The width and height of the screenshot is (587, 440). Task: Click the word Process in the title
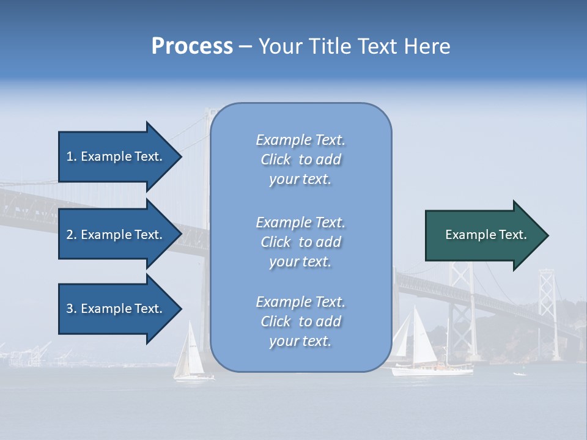click(x=192, y=46)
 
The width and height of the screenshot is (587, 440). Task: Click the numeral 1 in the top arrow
click(x=70, y=156)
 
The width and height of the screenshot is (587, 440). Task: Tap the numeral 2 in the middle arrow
click(x=70, y=235)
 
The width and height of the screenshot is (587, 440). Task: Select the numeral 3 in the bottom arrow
click(x=70, y=309)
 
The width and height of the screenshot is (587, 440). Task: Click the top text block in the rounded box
click(x=301, y=159)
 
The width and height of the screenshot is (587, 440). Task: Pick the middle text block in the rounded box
click(x=301, y=242)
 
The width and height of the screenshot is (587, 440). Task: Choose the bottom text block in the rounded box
click(x=301, y=321)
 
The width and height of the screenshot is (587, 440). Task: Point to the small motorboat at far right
click(x=519, y=373)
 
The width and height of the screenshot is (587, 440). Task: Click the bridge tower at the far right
click(x=547, y=312)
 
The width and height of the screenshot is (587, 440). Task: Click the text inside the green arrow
click(x=486, y=235)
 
